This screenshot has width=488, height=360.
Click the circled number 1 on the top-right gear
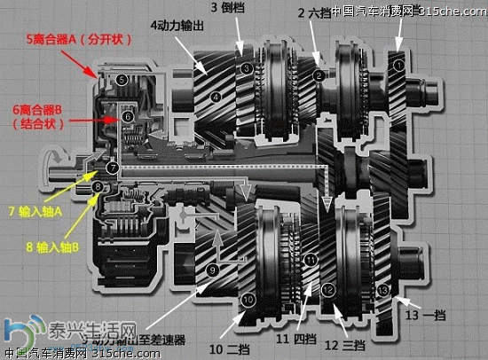398,65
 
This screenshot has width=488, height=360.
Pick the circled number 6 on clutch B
128,116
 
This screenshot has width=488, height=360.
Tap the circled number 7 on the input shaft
112,167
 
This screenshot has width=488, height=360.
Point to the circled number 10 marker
248,301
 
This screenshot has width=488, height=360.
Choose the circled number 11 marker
310,260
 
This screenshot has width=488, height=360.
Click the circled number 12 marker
328,289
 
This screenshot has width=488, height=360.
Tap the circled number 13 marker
382,289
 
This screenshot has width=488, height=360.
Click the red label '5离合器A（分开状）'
64,40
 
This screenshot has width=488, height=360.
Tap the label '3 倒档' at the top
228,7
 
